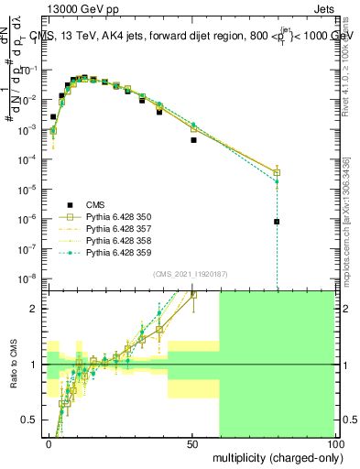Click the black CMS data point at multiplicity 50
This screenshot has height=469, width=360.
193,140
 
